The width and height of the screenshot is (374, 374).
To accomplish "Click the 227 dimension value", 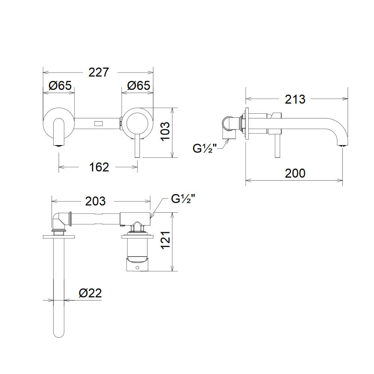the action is point(98,72).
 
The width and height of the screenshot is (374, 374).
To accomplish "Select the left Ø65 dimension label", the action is point(60,85).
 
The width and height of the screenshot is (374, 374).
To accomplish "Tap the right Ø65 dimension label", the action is point(139,85).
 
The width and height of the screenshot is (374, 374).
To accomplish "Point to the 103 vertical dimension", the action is point(165,131).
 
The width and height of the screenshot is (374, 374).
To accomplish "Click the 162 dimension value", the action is point(99,167).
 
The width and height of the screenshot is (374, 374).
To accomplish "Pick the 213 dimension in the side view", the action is point(295,99).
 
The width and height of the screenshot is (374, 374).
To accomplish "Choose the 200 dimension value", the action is point(295,173).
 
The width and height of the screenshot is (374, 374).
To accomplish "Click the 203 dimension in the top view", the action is point(95,201).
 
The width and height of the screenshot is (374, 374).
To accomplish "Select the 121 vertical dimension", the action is point(165,240).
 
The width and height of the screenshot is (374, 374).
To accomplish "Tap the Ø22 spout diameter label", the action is point(91,293).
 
